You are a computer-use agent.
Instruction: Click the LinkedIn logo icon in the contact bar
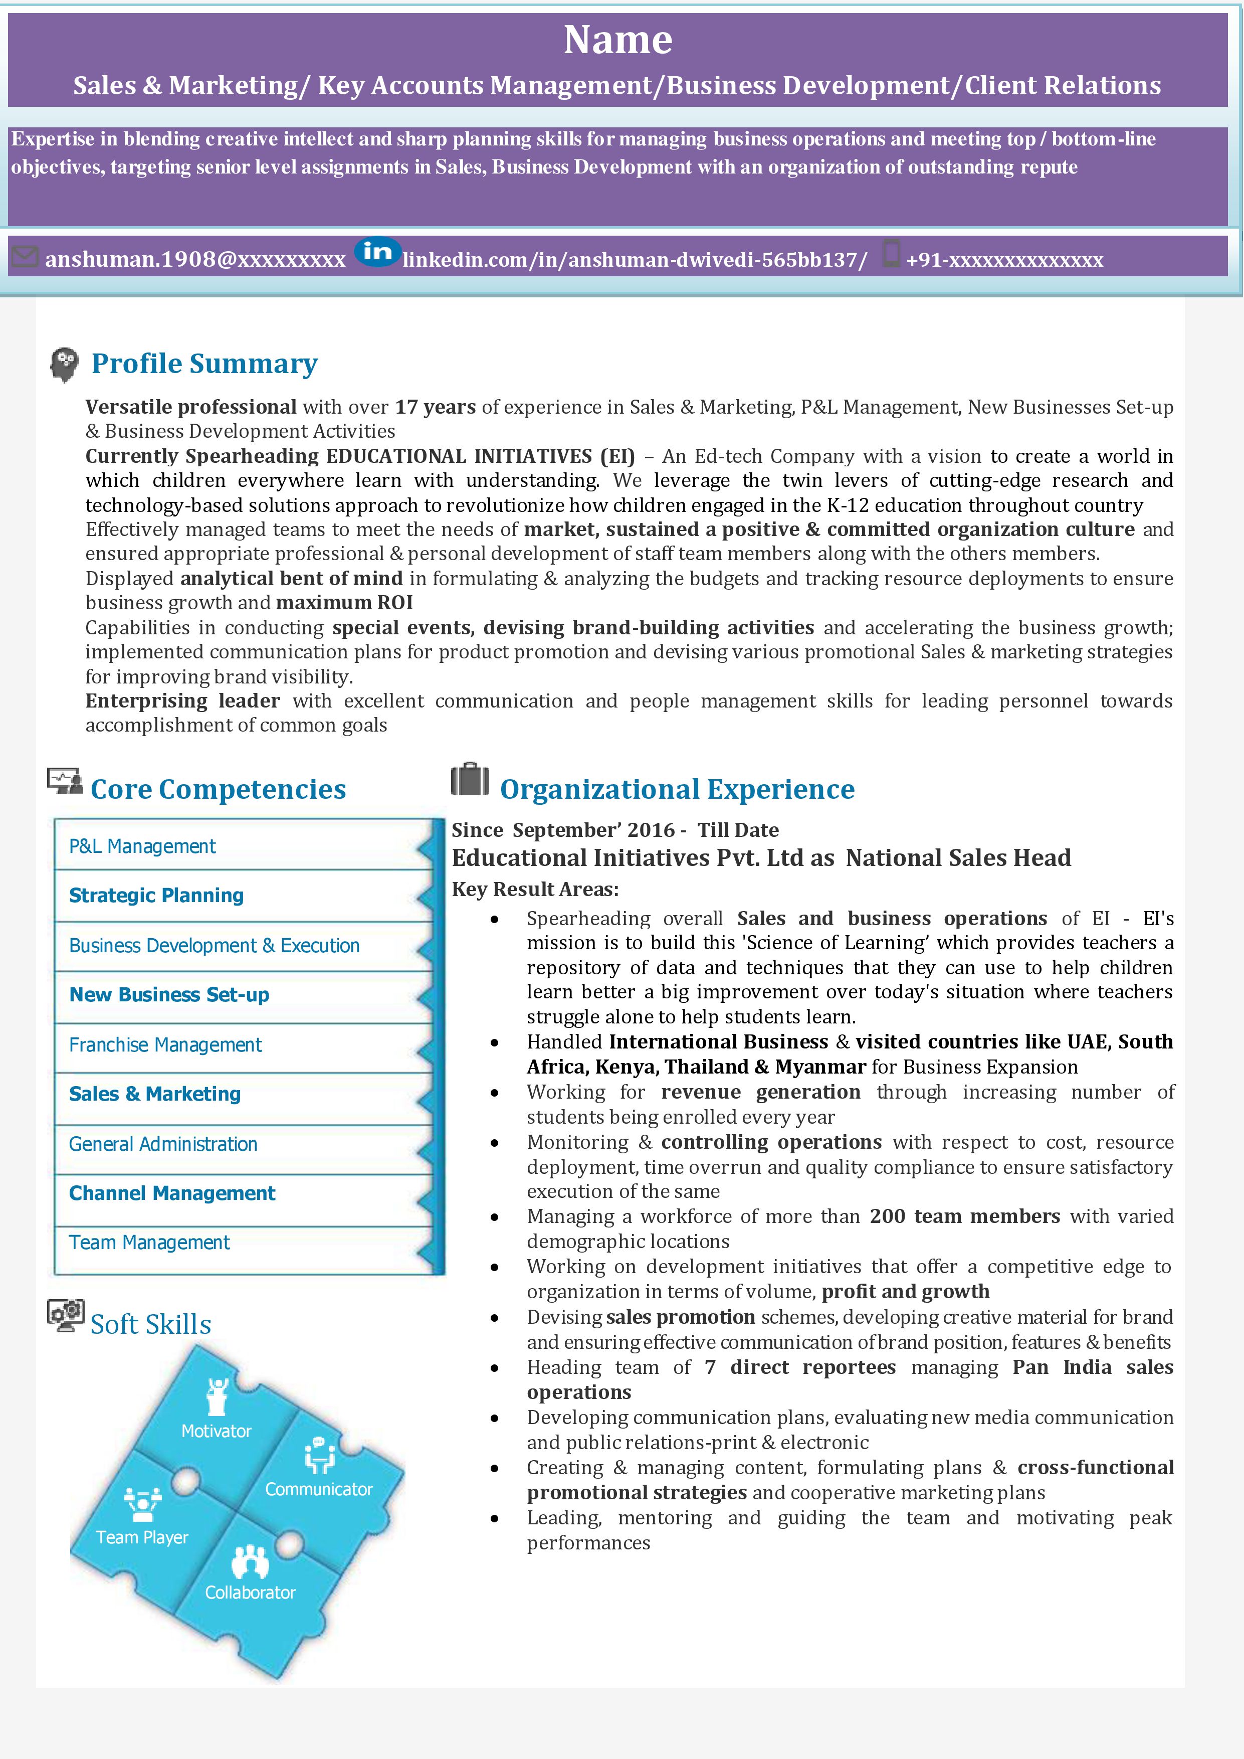click(377, 252)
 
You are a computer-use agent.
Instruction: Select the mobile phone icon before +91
click(890, 254)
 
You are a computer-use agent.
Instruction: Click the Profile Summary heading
click(204, 364)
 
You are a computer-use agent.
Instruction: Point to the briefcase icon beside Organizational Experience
click(470, 780)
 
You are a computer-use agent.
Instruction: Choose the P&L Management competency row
click(142, 846)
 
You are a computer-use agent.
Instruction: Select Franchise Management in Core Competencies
click(165, 1045)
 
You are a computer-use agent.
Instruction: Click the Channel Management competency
click(172, 1193)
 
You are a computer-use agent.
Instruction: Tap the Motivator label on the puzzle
click(216, 1431)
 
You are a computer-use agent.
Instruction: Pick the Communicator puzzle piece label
click(319, 1489)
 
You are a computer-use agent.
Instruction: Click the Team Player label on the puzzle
click(142, 1537)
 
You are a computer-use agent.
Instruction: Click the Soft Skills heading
click(151, 1325)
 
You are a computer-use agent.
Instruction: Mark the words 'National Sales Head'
click(958, 858)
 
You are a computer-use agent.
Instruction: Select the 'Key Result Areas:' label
click(535, 890)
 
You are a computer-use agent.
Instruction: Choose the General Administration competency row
click(163, 1145)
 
